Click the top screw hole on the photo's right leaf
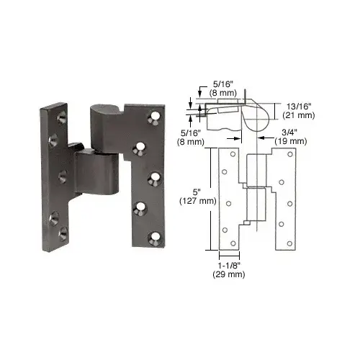[x=153, y=114]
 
